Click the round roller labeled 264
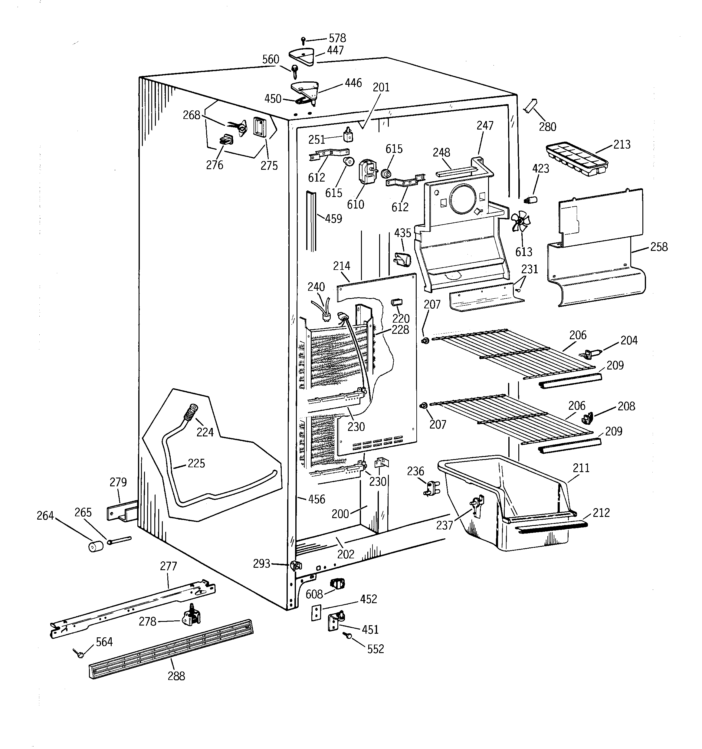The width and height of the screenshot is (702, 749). pos(96,546)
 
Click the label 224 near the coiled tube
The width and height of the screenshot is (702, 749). pos(205,432)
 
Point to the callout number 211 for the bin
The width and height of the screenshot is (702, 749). pos(581,468)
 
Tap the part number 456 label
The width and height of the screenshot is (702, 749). pos(316,499)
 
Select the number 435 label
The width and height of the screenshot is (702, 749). pos(402,233)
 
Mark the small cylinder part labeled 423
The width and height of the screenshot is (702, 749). pos(531,200)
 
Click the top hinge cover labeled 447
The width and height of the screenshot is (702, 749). pos(302,57)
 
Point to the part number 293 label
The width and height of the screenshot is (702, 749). pos(261,563)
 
